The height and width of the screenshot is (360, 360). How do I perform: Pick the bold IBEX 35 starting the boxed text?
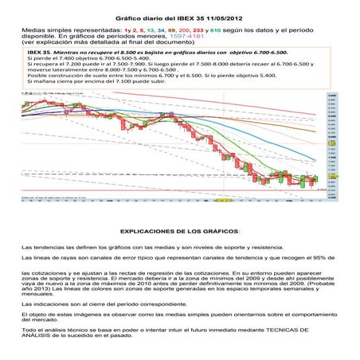(x=39, y=51)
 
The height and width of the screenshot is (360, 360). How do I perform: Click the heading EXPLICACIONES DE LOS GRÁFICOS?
(x=178, y=230)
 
